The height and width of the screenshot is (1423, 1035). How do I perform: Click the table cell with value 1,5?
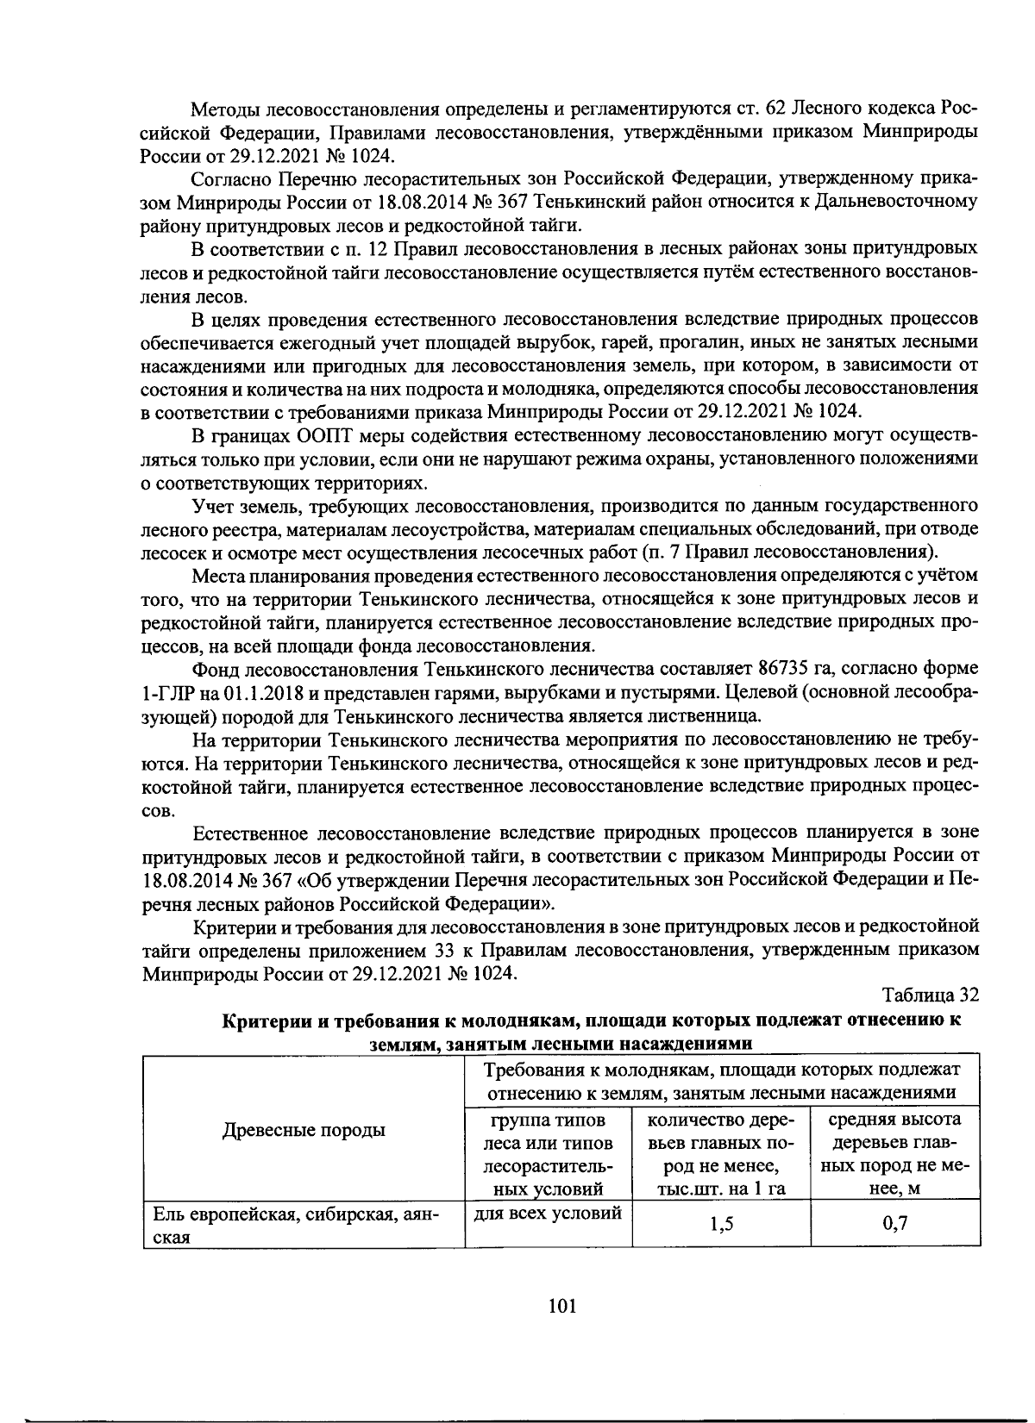coord(721,1224)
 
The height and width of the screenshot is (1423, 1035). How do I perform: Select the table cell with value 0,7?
coord(895,1224)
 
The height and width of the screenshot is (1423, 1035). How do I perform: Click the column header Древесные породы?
coord(304,1130)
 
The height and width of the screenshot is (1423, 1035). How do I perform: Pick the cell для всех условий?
coord(549,1214)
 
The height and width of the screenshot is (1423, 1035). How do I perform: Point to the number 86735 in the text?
coord(785,669)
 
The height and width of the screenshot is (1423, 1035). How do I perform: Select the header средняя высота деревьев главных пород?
coord(894,1154)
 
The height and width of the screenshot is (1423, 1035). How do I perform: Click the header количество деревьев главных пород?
coord(721,1154)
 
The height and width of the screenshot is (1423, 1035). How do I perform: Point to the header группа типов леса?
coord(549,1154)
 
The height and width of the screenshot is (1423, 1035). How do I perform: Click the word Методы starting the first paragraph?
coord(225,109)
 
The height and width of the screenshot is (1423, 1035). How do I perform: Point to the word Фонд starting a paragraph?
coord(214,669)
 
